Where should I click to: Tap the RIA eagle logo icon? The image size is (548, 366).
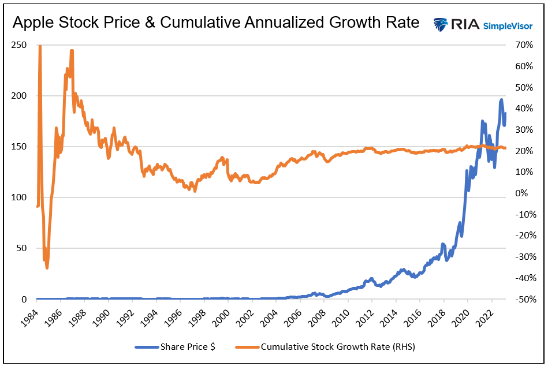coord(441,24)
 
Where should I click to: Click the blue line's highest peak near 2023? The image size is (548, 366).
coord(501,100)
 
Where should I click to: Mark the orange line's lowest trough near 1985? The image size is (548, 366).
coord(47,267)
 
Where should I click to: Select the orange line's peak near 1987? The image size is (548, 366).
coord(72,51)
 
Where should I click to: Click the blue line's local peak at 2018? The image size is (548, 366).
coord(443,244)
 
